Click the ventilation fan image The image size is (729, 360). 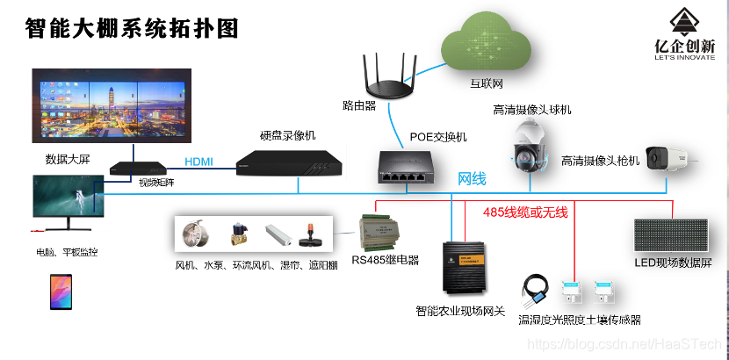point(194,236)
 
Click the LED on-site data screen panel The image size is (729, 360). point(671,236)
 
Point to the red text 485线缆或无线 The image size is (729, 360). point(525,212)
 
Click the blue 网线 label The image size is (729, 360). point(472,179)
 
